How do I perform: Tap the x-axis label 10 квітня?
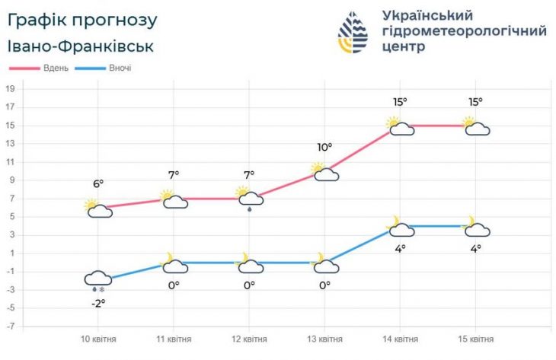[x=99, y=339]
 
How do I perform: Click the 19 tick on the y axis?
[x=11, y=88]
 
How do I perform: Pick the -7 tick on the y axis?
[x=11, y=327]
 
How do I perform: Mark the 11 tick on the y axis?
[x=11, y=162]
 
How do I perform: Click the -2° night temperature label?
[x=99, y=303]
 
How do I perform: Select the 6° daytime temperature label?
[x=98, y=183]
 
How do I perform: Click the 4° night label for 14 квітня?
[x=401, y=248]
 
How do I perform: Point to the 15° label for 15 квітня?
[x=476, y=101]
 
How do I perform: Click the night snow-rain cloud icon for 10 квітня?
[x=99, y=279]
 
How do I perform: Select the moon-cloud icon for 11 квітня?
[x=174, y=263]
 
